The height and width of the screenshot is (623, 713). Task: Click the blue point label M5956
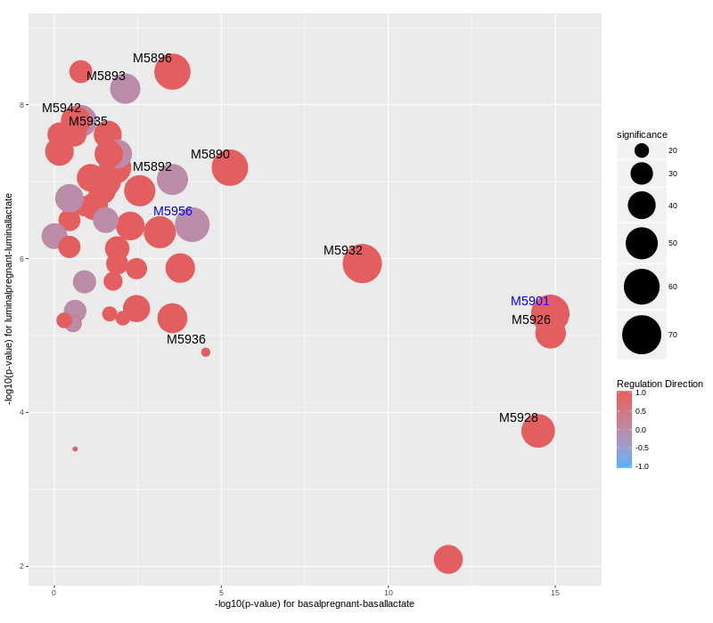point(172,211)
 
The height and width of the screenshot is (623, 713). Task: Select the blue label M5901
point(529,301)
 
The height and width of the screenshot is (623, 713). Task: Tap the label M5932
point(342,250)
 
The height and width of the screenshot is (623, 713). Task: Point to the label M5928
point(518,417)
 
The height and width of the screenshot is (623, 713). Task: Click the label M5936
point(185,339)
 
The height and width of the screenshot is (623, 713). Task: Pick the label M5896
point(152,58)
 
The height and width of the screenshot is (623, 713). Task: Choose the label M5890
point(209,154)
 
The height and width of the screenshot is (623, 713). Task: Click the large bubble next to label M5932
point(362,263)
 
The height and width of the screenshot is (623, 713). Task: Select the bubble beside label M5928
point(537,431)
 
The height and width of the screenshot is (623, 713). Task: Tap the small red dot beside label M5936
point(205,352)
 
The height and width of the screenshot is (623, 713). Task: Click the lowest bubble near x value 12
point(447,559)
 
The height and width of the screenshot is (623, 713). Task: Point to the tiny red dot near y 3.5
point(75,449)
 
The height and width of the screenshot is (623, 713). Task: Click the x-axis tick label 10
point(388,593)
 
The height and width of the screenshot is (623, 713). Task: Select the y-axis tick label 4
point(21,412)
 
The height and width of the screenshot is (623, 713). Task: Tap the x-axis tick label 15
point(554,593)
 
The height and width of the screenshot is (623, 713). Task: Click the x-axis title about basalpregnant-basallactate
point(314,603)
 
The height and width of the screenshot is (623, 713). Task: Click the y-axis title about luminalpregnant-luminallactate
point(9,299)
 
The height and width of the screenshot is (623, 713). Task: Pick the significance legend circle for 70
point(641,335)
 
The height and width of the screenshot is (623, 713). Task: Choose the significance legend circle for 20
point(641,150)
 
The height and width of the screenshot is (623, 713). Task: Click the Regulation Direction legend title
point(660,384)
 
